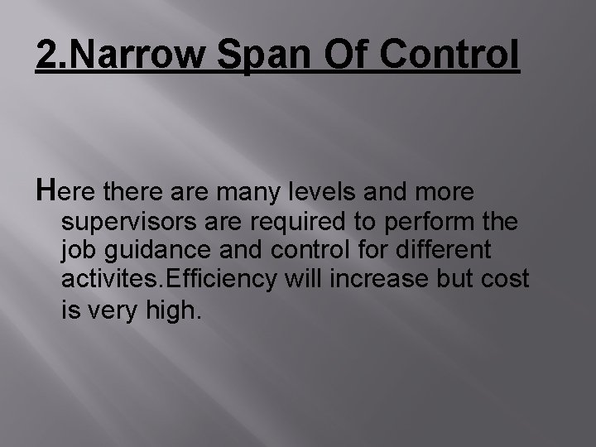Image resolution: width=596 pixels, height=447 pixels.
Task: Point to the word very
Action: (x=112, y=312)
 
